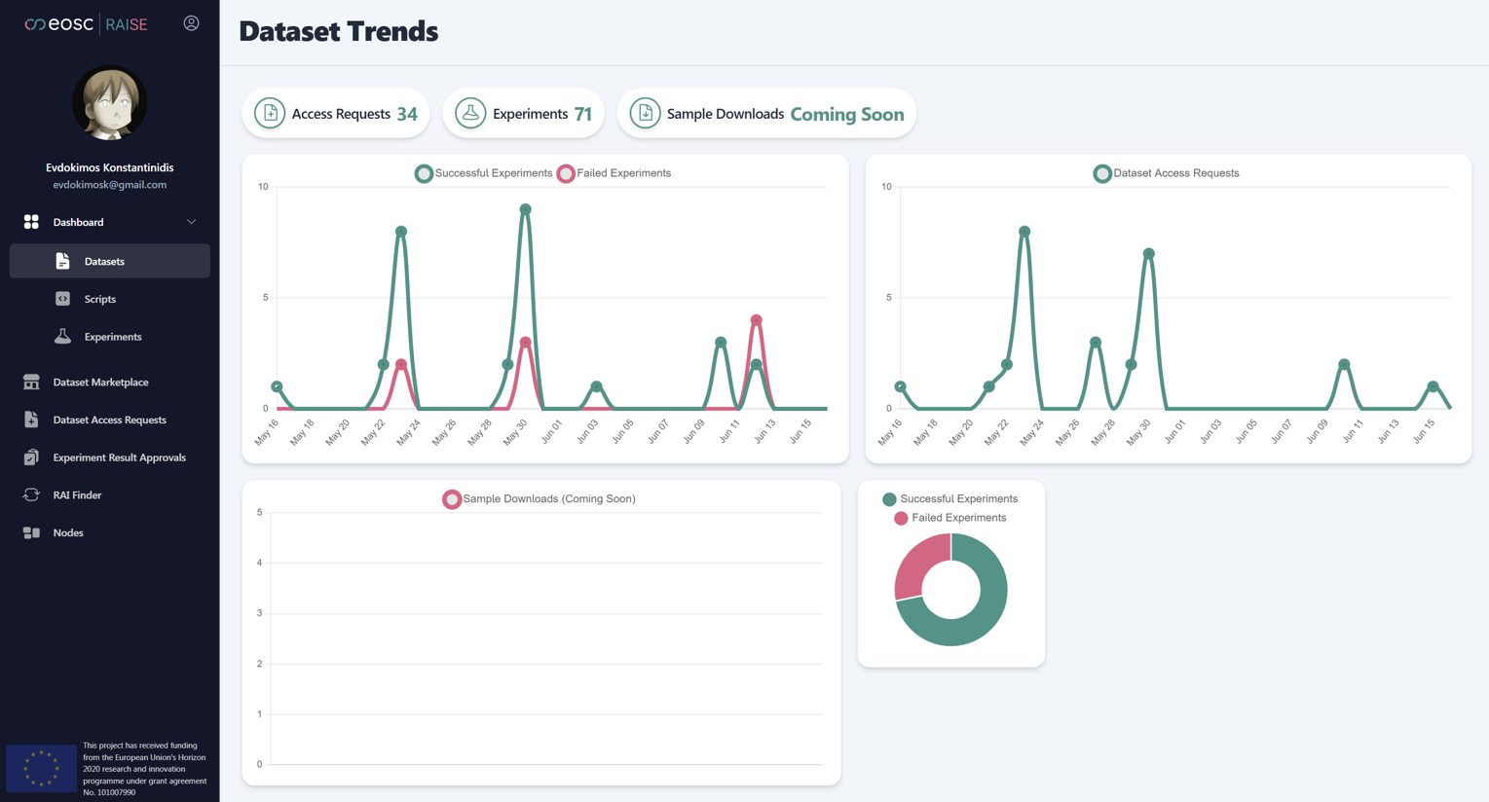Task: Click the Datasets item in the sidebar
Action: click(x=103, y=261)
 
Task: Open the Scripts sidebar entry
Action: click(x=99, y=299)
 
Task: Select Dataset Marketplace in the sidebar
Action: click(x=100, y=383)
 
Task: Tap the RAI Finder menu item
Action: click(x=77, y=495)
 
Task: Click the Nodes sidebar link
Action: click(x=68, y=533)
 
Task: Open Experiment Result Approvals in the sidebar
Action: click(x=119, y=457)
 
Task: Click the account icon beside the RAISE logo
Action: click(x=191, y=23)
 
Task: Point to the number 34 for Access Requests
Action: click(x=407, y=114)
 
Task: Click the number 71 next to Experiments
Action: click(x=582, y=114)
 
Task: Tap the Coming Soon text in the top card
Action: click(x=846, y=114)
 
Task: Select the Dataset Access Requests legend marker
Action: click(x=1101, y=173)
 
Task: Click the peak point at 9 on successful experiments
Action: click(x=525, y=209)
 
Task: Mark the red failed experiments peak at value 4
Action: click(x=756, y=320)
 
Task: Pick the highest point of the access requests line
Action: click(x=1024, y=232)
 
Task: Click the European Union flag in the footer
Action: click(x=41, y=768)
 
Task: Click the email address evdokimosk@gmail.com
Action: click(x=109, y=185)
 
